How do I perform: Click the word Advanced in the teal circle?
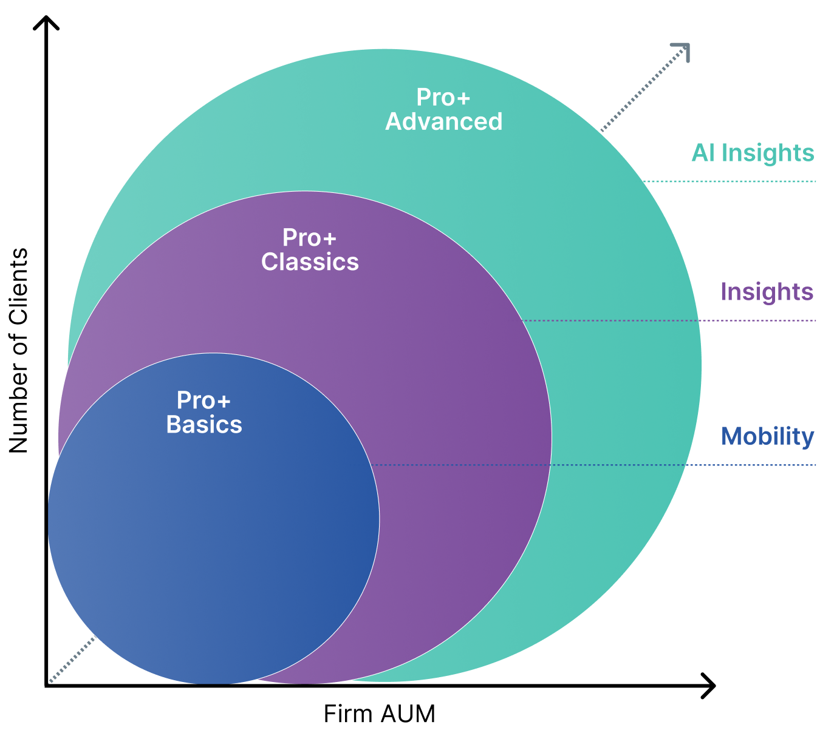tap(444, 122)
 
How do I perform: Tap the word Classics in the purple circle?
tap(310, 262)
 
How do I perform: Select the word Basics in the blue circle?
tap(204, 425)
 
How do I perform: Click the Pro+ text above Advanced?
tap(443, 98)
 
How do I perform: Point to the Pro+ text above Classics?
tap(309, 238)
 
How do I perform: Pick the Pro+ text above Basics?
tap(203, 400)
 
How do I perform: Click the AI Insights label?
tap(753, 153)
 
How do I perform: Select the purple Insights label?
tap(767, 292)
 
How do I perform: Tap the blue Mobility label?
tap(768, 436)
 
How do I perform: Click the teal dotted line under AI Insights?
tap(729, 181)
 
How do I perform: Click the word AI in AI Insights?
tap(703, 153)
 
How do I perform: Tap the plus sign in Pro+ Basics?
tap(223, 402)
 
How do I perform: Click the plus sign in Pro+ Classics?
tap(329, 239)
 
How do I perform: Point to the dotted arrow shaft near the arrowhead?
tap(644, 88)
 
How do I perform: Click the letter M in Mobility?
tap(731, 436)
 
